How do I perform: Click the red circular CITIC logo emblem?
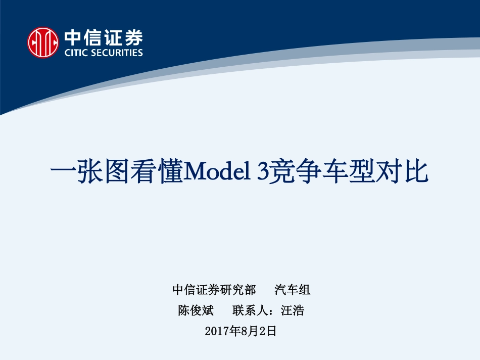click(x=43, y=42)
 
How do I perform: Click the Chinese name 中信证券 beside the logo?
click(x=103, y=37)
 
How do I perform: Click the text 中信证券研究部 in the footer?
click(x=214, y=290)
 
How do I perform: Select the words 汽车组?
click(x=292, y=290)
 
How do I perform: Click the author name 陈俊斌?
click(x=196, y=310)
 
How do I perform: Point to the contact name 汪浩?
click(x=293, y=310)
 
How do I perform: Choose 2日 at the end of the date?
click(x=267, y=331)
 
